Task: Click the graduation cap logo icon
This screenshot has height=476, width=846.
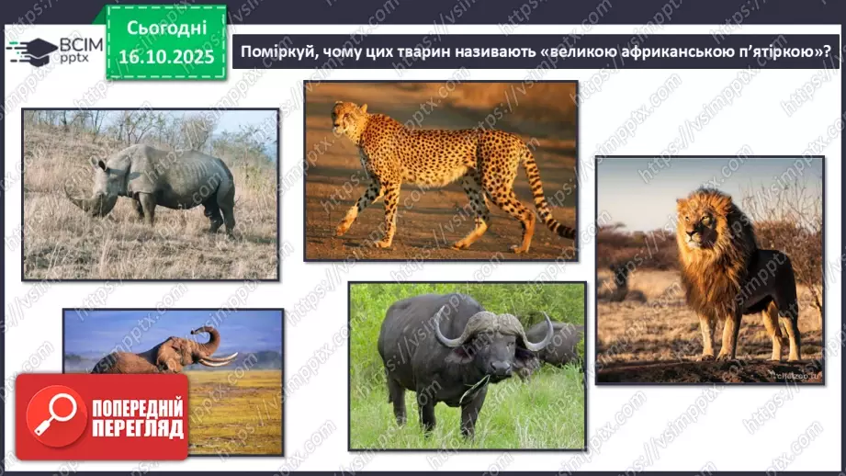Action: click(30, 51)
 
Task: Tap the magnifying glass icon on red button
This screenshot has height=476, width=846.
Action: click(52, 414)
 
